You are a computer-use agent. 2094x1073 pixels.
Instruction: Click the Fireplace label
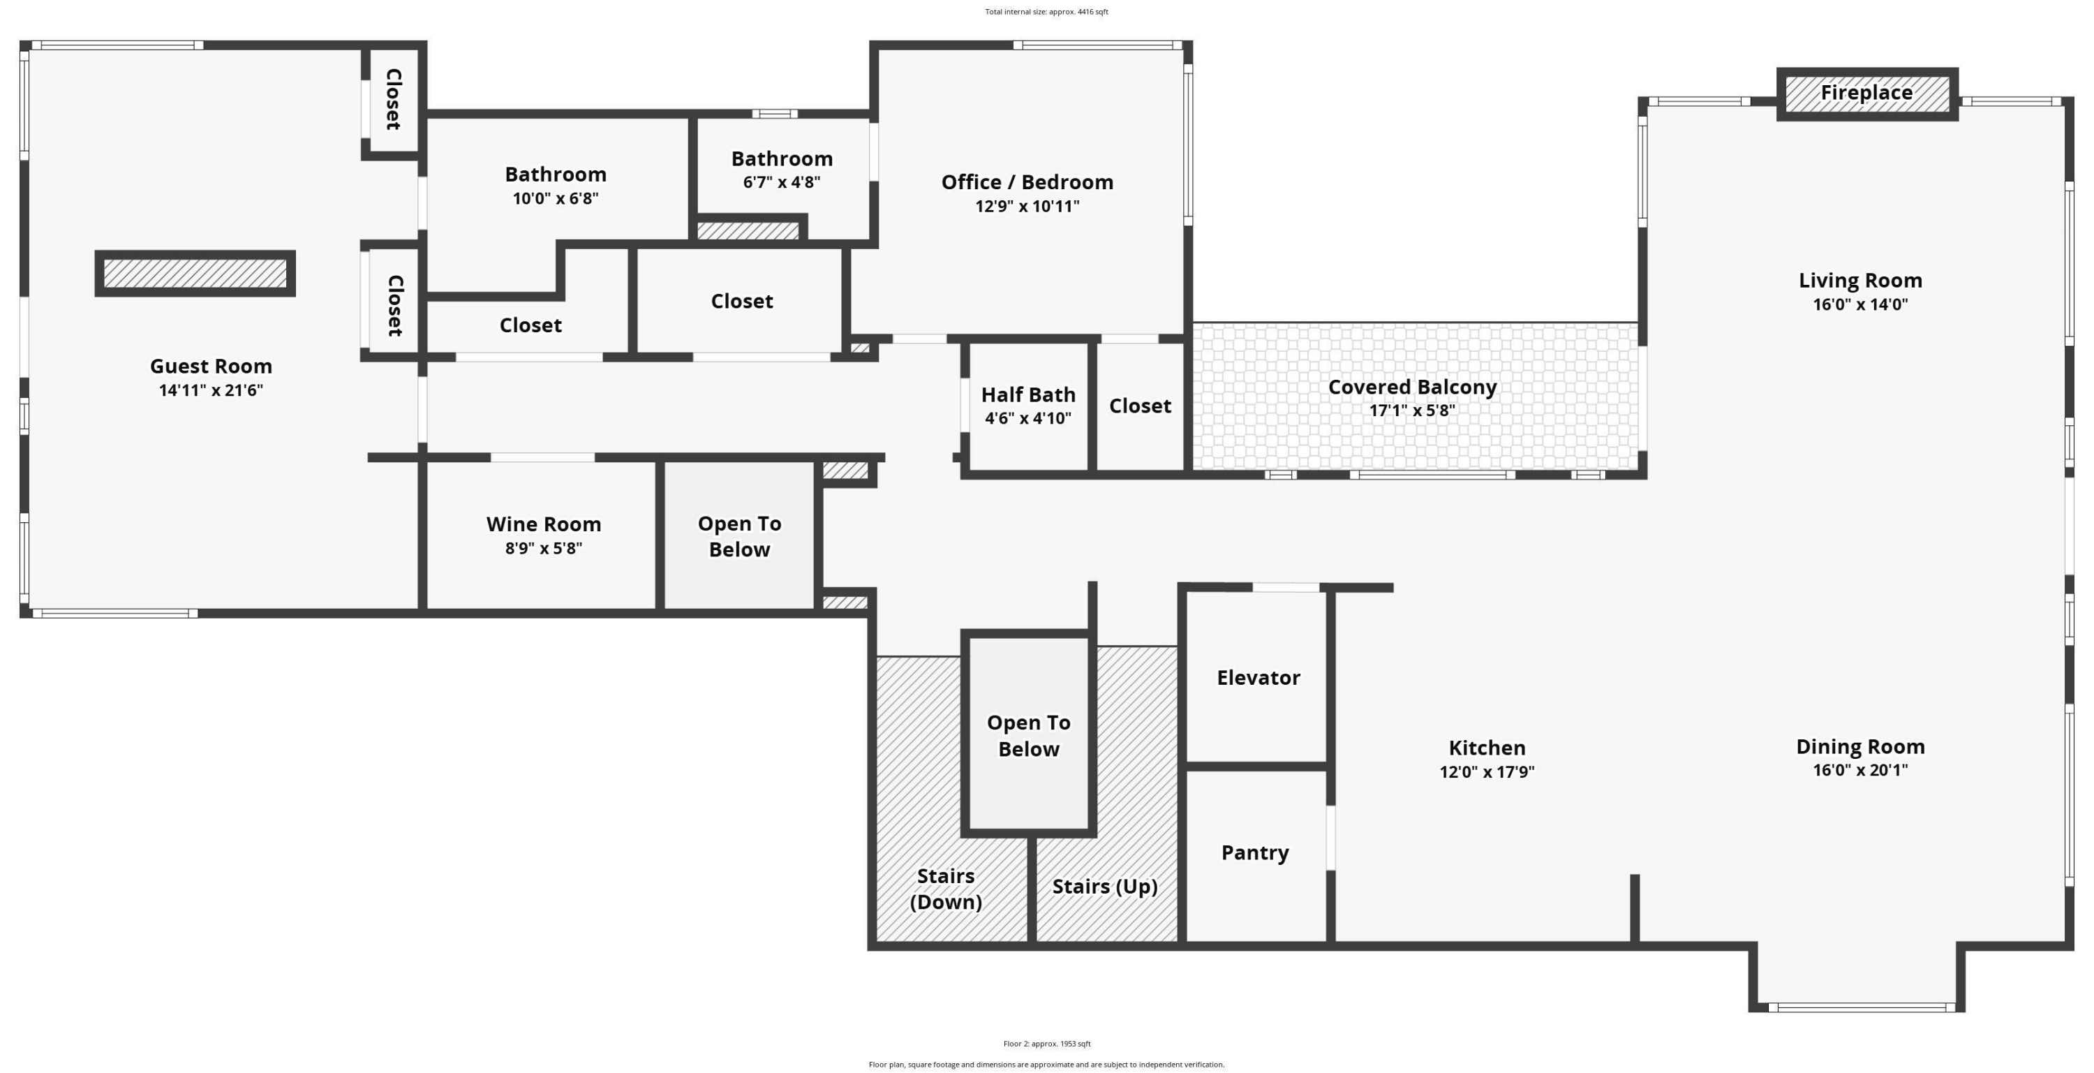(1866, 93)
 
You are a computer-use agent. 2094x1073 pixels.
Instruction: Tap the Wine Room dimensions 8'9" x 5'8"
(544, 548)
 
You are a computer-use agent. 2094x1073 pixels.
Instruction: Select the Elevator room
(1258, 677)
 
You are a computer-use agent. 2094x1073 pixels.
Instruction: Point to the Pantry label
(1255, 852)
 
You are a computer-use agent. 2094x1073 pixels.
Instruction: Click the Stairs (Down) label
(945, 889)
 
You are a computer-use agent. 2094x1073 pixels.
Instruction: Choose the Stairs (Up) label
(1105, 886)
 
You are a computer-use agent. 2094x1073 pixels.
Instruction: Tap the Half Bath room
(1028, 406)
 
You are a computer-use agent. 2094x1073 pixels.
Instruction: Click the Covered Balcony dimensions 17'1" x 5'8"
(1412, 410)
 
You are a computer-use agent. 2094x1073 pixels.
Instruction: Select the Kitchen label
(1487, 748)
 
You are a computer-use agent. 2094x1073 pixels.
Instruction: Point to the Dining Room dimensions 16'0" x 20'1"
(1860, 770)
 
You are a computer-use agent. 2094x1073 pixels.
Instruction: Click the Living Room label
(1860, 281)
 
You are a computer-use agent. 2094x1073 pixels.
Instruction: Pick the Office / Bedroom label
(1027, 182)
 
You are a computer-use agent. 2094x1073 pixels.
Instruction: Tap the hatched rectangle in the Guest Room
(195, 273)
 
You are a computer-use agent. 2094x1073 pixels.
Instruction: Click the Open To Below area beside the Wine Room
(740, 535)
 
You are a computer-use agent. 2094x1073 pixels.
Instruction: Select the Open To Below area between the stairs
(1028, 735)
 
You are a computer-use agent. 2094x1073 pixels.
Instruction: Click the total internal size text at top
(1046, 11)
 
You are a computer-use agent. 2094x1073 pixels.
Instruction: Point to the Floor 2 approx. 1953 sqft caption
(1047, 1044)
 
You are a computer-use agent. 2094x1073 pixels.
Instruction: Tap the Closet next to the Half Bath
(1140, 406)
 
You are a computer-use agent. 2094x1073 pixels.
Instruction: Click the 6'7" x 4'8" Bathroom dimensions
(781, 182)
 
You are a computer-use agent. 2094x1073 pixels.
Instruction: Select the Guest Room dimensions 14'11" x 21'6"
(211, 390)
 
